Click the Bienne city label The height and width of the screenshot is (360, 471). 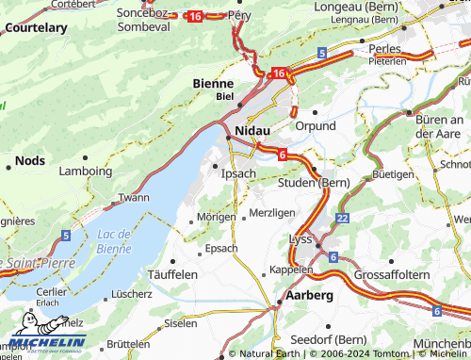coord(213,83)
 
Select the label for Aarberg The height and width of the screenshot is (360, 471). coord(308,295)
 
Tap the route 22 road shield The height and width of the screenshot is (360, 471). coord(341,218)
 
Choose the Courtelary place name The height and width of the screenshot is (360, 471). coord(34,28)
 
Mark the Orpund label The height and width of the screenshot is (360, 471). coord(316,125)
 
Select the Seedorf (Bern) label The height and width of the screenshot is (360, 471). coord(328,339)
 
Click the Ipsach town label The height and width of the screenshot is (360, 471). coord(237,174)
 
